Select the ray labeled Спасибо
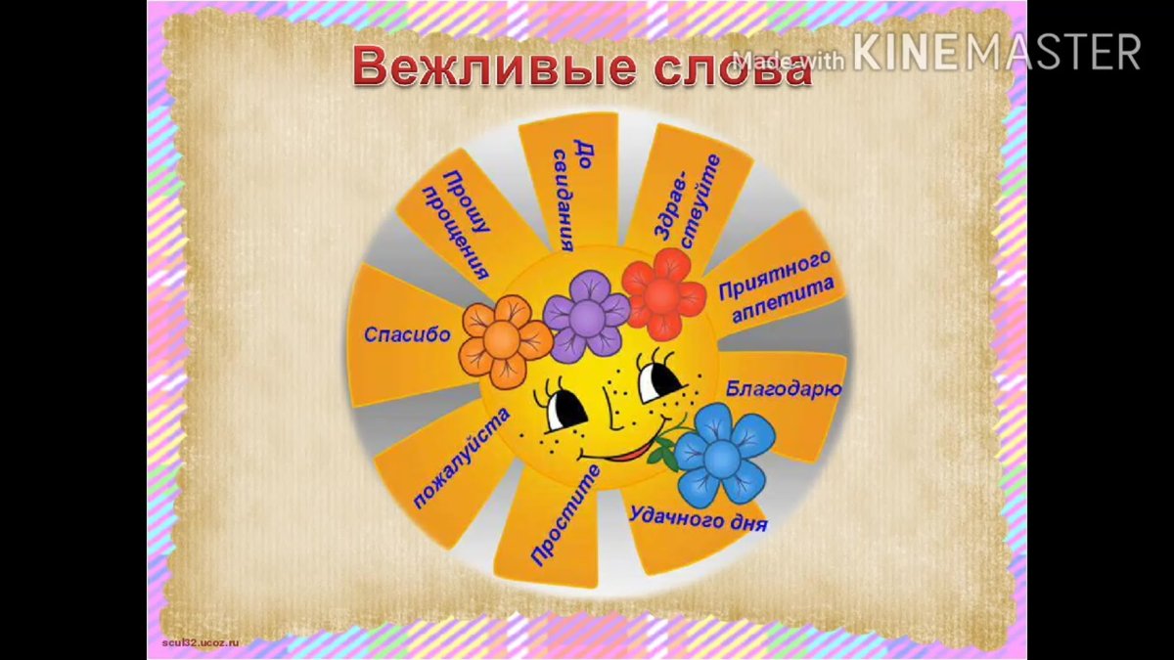[407, 334]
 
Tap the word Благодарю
[784, 388]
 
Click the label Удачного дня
[698, 517]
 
